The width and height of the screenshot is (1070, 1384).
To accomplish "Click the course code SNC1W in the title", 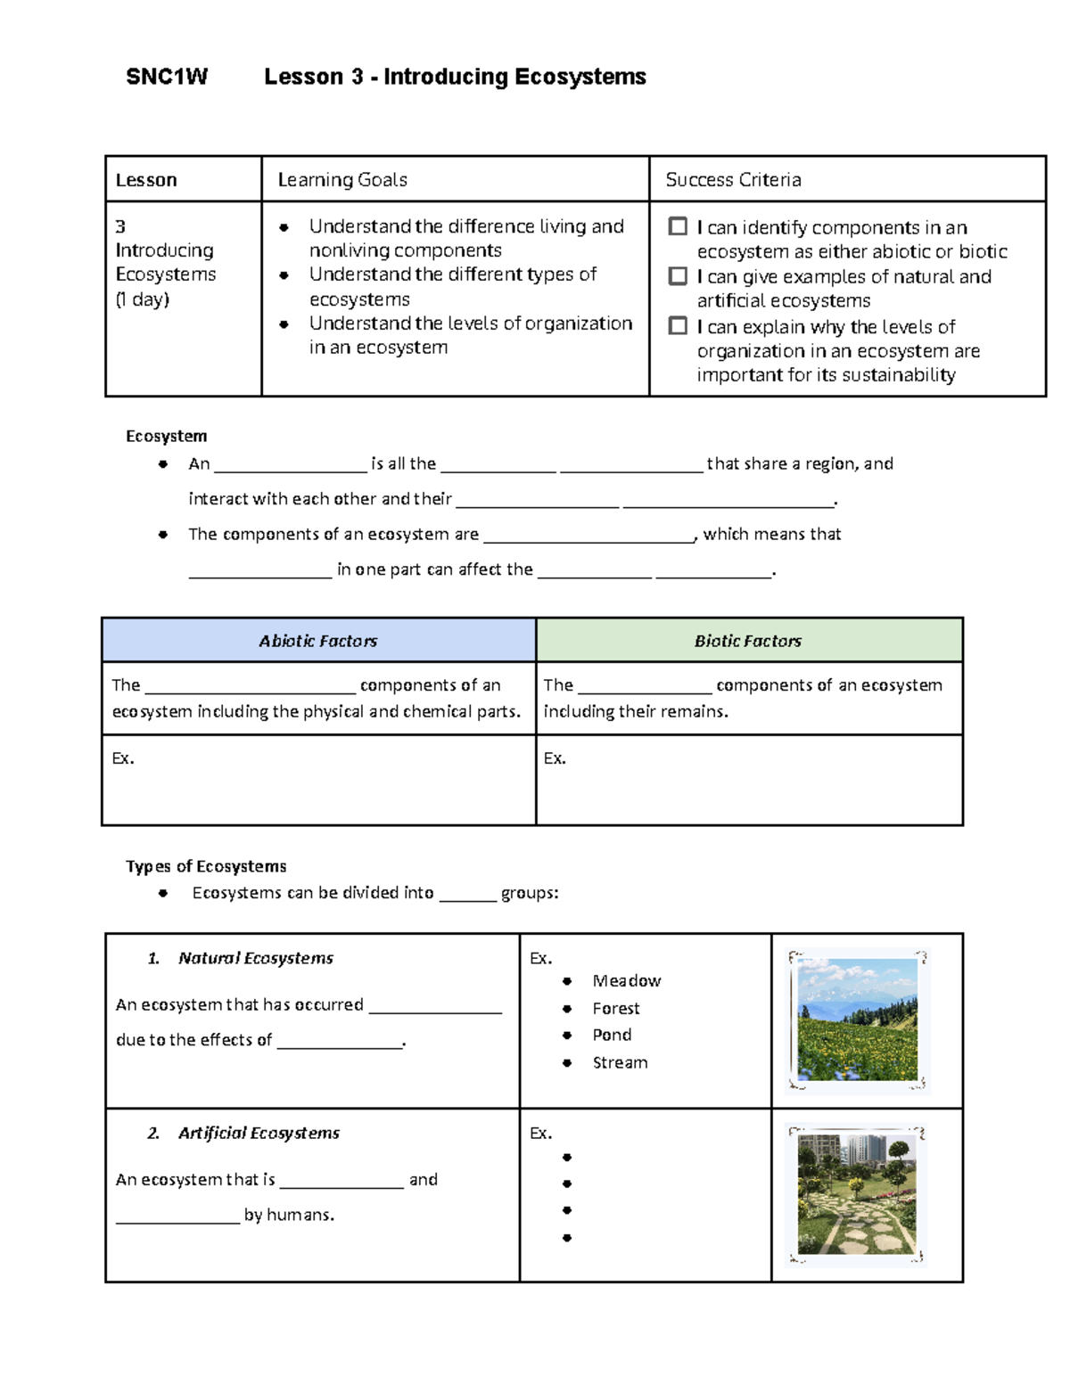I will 167,78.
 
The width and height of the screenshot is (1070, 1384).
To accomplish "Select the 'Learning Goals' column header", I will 342,180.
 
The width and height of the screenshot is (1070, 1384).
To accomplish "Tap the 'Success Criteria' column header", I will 733,180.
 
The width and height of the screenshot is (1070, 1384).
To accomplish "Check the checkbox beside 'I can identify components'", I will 678,226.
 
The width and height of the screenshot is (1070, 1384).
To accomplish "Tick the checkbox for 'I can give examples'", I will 678,276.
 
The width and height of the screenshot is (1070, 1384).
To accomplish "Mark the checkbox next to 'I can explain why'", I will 678,326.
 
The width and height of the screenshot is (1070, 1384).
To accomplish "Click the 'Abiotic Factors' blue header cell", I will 318,641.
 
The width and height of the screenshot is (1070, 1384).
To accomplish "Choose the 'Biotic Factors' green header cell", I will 748,641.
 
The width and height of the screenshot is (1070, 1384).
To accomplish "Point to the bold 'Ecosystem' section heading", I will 167,436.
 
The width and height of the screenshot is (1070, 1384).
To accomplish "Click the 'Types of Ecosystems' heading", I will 206,866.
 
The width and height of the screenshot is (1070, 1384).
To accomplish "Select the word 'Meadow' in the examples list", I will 627,981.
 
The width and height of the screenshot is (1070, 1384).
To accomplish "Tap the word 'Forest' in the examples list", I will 616,1009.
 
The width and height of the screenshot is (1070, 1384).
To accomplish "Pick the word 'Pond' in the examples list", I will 612,1035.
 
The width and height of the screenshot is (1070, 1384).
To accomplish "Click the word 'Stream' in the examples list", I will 620,1062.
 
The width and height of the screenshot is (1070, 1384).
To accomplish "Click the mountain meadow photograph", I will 858,1020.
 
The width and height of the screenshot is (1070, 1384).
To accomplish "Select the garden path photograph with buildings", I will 858,1194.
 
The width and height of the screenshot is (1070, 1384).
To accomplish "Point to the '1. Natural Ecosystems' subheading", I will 241,958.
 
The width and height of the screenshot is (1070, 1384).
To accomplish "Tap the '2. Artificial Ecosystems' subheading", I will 243,1133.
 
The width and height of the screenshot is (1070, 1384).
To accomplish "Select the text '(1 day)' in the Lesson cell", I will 143,299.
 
